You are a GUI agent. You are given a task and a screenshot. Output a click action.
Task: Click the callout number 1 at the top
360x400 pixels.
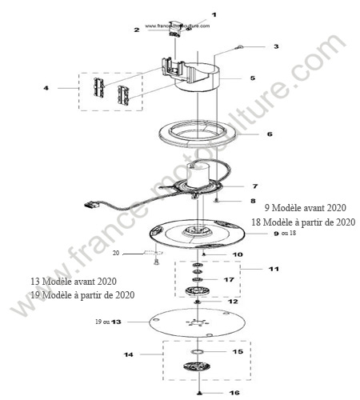click(x=214, y=15)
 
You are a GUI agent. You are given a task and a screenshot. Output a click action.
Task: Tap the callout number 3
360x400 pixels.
click(x=276, y=46)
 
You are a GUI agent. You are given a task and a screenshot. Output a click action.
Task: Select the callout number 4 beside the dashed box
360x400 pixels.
click(x=46, y=88)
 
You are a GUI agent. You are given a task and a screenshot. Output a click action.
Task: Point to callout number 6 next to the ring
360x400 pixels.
click(x=270, y=134)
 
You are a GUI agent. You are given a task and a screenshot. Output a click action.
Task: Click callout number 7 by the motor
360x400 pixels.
click(x=255, y=186)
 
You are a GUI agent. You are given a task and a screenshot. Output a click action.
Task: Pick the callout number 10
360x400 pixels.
click(x=238, y=254)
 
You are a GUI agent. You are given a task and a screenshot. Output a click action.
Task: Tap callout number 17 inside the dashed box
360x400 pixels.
click(x=229, y=279)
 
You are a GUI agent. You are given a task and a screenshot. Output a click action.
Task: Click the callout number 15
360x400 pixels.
click(x=238, y=351)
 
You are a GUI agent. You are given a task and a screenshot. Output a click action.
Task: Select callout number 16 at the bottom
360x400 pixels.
click(x=234, y=393)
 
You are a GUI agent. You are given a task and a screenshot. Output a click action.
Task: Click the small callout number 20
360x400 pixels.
click(x=116, y=253)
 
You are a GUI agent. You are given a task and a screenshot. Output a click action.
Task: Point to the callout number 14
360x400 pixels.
click(x=129, y=354)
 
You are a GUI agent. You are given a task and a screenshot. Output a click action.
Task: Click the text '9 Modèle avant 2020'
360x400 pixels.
click(x=306, y=208)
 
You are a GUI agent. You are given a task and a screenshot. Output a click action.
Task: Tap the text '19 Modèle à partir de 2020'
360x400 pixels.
click(x=82, y=295)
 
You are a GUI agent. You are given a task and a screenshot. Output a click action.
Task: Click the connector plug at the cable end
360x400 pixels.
click(x=91, y=205)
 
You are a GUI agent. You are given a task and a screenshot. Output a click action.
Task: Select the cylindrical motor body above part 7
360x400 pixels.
click(x=198, y=174)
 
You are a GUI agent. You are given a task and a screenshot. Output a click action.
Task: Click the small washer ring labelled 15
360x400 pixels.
click(x=198, y=352)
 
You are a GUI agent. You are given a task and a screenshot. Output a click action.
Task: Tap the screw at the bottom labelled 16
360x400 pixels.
click(x=199, y=393)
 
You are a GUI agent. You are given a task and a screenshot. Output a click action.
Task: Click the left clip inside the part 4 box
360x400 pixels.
click(x=98, y=87)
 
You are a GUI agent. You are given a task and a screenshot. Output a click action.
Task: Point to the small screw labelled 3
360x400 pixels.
click(x=238, y=48)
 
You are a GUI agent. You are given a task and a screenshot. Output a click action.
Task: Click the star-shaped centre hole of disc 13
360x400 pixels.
click(x=198, y=322)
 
